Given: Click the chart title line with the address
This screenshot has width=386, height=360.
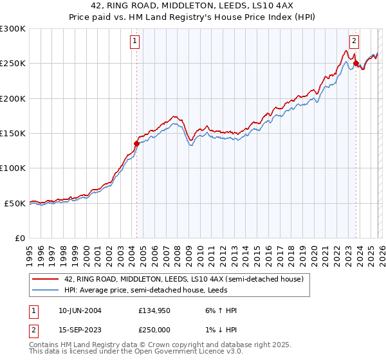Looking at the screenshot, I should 192,6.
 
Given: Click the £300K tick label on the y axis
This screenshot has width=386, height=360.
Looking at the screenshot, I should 13,29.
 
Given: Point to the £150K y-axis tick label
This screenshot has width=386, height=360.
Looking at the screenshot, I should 13,134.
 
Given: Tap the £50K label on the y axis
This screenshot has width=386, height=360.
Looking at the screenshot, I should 15,203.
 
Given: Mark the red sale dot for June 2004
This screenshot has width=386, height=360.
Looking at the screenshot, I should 136,144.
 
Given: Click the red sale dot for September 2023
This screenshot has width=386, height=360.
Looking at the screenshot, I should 356,64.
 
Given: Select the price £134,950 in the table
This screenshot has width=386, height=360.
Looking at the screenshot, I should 154,310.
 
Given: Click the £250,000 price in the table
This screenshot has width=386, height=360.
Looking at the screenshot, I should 154,330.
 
